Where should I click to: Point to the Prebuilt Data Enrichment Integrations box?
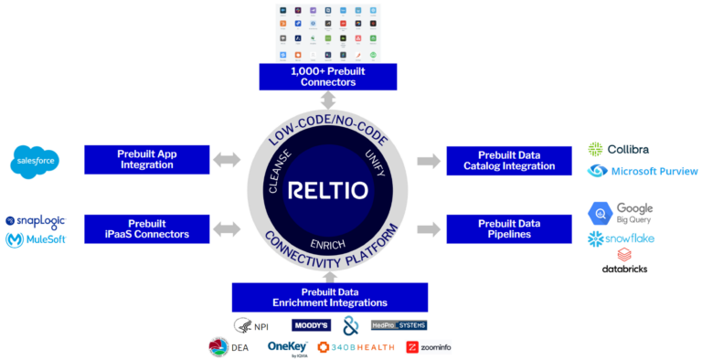click(329, 296)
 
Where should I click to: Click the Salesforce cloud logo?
click(36, 162)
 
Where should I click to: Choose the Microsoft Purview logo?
click(643, 171)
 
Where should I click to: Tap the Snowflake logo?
click(622, 238)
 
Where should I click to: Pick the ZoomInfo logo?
click(429, 347)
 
